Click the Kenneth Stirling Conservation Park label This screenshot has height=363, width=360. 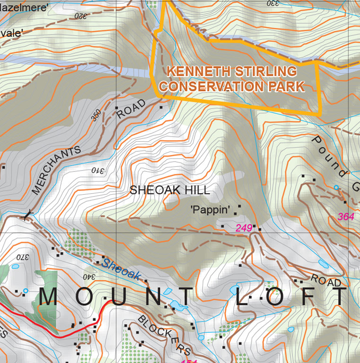tap(235, 79)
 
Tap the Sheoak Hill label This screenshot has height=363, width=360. tap(170, 190)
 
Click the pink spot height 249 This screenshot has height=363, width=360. tap(244, 228)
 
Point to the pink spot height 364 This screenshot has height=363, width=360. tap(346, 216)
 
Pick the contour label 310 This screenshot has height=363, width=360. tap(97, 170)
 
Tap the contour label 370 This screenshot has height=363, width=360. tap(22, 258)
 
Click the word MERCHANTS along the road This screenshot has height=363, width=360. tap(56, 171)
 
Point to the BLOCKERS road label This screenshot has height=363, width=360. tap(164, 335)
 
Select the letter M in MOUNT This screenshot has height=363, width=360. tap(49, 297)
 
